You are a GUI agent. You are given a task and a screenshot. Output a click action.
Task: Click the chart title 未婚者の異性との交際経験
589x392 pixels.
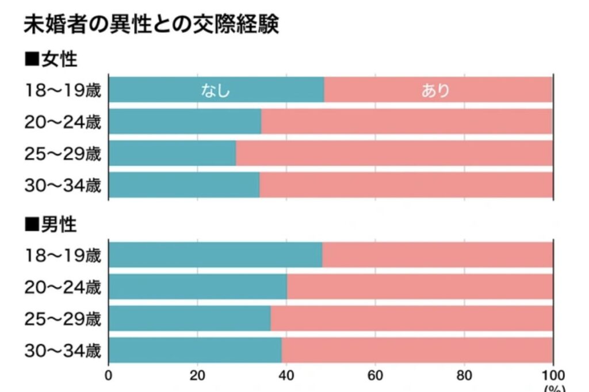pos(151,25)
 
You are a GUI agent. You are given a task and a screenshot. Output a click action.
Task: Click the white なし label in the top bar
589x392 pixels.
pos(215,90)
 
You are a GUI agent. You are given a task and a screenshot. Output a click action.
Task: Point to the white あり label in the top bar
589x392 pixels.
pos(435,90)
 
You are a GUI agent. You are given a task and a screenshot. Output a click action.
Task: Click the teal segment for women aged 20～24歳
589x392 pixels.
pos(185,121)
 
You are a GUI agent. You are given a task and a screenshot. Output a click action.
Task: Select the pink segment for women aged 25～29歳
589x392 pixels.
pos(394,153)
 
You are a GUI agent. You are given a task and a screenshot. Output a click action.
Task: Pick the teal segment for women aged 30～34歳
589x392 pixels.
pos(184,185)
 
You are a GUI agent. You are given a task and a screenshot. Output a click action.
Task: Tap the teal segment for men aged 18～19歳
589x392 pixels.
pos(215,255)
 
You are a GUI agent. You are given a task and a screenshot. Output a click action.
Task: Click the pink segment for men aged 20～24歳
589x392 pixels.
pos(420,286)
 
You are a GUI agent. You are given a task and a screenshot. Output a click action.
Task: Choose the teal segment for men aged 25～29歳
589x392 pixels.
pos(189,318)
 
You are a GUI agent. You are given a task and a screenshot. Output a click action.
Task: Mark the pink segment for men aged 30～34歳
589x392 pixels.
pos(417,349)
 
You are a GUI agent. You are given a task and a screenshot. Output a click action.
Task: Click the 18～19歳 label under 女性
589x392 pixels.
pos(63,90)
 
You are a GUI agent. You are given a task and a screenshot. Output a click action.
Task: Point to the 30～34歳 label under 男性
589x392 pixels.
pos(63,350)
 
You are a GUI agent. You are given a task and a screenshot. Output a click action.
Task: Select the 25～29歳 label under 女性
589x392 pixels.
pos(63,153)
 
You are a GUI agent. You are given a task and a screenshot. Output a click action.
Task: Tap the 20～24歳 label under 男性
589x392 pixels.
pos(63,287)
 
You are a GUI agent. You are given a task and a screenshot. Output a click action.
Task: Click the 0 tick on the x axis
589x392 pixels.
pos(109,376)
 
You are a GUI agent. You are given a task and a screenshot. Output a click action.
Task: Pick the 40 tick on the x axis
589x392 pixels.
pos(286,376)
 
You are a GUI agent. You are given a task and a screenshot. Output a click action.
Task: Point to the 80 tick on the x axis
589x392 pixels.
pos(464,376)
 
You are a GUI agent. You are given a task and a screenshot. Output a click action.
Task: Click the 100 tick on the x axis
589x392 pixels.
pos(553,376)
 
